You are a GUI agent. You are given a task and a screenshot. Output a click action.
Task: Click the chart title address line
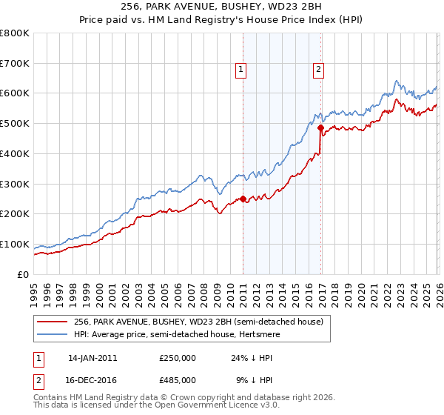click(222, 6)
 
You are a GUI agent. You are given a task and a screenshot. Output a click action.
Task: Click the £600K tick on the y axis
click(15, 93)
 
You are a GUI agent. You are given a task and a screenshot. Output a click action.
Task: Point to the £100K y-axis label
click(15, 244)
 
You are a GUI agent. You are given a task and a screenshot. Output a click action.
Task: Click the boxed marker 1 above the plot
click(241, 70)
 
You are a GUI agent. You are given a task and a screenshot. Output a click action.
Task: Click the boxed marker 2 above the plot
click(318, 70)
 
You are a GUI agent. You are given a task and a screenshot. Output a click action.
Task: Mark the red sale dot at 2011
click(243, 199)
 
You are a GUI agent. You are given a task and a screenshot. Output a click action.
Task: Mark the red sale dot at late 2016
click(320, 127)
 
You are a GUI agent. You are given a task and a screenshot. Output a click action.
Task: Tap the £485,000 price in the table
click(178, 379)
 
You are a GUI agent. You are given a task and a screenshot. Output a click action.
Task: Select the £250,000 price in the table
click(178, 358)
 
